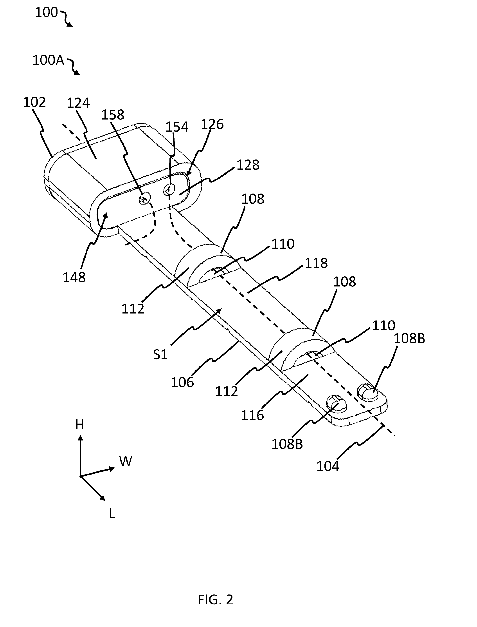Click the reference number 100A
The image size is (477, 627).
point(49,60)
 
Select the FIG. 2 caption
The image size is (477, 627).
point(215,600)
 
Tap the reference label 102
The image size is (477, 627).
point(34,102)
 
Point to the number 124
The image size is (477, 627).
point(78,103)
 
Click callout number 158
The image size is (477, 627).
point(113,115)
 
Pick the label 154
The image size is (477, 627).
point(177,127)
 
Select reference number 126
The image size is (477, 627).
point(212,124)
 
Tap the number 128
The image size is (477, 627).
point(248,165)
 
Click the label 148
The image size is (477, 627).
point(74,277)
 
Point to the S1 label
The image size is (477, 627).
point(160,355)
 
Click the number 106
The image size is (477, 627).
point(182,382)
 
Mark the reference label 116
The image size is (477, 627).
point(252,415)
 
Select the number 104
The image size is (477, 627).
point(328,466)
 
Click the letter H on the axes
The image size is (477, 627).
point(79,424)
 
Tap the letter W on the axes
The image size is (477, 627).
point(126,461)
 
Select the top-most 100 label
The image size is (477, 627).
point(46,13)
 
